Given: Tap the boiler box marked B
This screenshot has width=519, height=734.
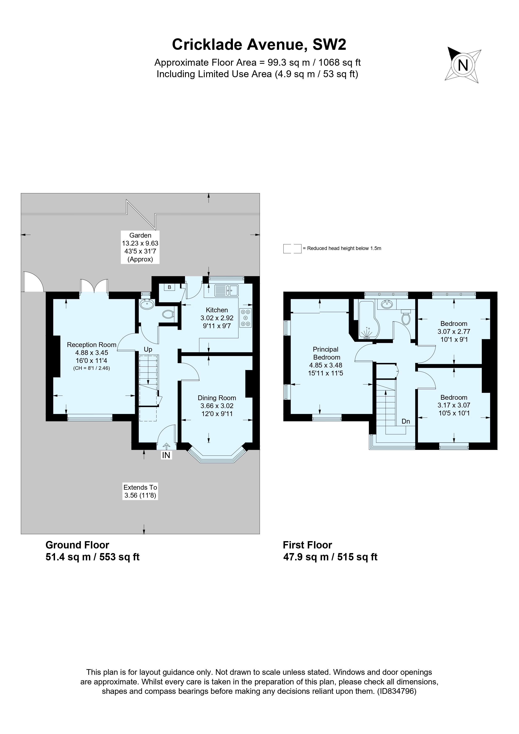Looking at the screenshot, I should click(x=170, y=287).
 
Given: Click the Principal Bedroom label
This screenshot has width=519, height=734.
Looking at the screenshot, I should click(x=326, y=353).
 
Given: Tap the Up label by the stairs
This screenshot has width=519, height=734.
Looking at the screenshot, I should click(x=148, y=349).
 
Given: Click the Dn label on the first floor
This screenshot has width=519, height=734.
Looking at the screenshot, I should click(x=406, y=421).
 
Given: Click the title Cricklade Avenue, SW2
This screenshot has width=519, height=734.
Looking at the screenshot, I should click(x=259, y=44).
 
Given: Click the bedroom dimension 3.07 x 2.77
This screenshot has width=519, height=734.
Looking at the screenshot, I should click(x=454, y=332).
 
